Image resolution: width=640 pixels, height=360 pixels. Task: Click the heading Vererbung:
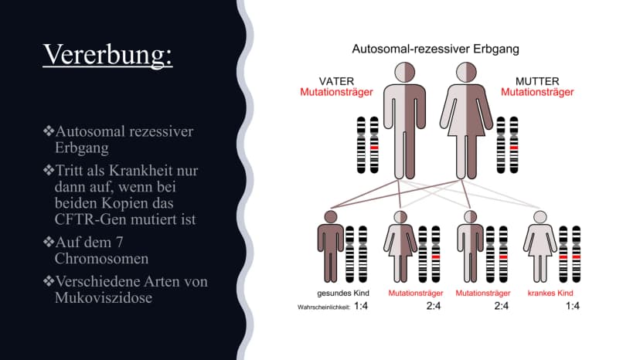(x=107, y=54)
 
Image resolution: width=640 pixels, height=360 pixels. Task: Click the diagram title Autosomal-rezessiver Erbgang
(x=435, y=49)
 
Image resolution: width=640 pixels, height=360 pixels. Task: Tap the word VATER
(x=336, y=81)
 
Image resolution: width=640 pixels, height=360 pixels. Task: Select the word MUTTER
(x=537, y=81)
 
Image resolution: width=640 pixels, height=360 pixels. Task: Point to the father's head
(x=404, y=73)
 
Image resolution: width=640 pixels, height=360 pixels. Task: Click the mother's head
(x=466, y=73)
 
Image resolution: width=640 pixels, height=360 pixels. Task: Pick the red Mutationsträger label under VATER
(x=336, y=92)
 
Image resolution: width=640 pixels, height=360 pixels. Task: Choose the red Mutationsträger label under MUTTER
(x=537, y=92)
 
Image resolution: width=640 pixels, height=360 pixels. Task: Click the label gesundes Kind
(x=343, y=293)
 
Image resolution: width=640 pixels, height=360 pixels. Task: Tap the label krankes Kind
(x=550, y=293)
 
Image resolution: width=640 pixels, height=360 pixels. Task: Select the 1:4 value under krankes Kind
(x=572, y=306)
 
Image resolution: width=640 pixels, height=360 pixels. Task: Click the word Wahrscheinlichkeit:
(x=324, y=307)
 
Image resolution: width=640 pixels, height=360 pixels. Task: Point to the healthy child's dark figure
(x=331, y=246)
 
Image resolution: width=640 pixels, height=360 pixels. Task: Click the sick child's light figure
(x=540, y=246)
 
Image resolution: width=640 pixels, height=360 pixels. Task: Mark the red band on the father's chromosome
(x=374, y=148)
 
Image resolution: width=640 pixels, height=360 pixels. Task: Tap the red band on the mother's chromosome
(x=514, y=148)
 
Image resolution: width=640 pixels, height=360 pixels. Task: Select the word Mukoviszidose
(x=104, y=297)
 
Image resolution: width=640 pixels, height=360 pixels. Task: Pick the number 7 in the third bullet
(x=119, y=243)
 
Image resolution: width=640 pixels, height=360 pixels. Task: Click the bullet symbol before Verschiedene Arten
(x=49, y=281)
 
